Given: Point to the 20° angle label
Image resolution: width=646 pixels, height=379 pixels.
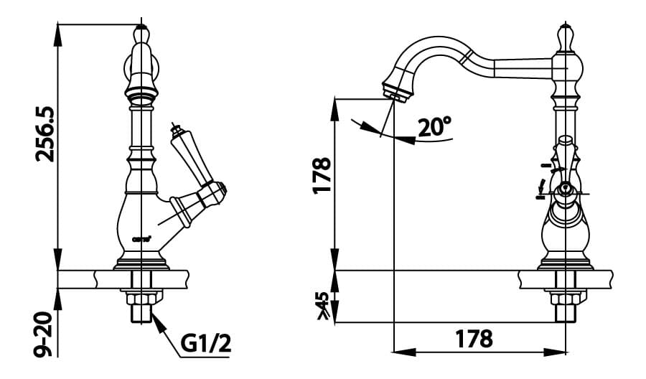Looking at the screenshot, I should pyautogui.click(x=434, y=127).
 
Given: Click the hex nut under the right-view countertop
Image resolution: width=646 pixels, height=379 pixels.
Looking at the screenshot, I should pyautogui.click(x=564, y=297).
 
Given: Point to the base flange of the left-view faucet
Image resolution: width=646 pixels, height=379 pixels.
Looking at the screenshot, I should pyautogui.click(x=141, y=263).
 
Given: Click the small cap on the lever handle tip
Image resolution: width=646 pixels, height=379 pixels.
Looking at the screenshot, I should pyautogui.click(x=172, y=130).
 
